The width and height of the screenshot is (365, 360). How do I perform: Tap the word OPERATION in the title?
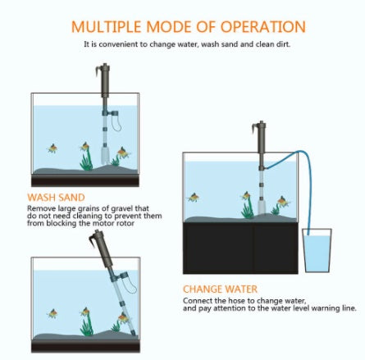tap(261, 27)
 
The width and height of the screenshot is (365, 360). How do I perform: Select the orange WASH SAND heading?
tap(56, 198)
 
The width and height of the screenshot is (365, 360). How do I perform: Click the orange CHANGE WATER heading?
tap(220, 289)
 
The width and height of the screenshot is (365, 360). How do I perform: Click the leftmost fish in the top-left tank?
tap(52, 148)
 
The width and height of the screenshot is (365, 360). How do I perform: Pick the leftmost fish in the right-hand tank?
tap(194, 197)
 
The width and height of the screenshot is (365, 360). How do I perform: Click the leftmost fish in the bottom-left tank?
tap(52, 313)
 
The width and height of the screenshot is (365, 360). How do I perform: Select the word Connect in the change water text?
tap(195, 300)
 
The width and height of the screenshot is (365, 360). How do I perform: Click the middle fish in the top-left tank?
tap(84, 147)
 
